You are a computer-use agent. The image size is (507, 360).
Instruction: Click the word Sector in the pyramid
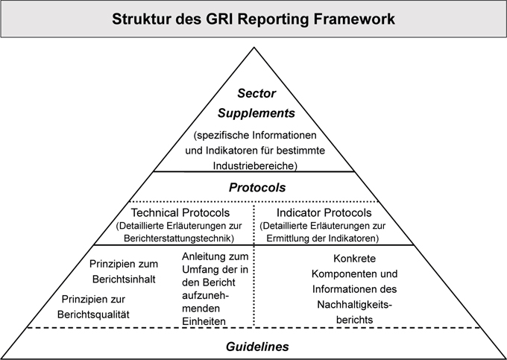coord(256,94)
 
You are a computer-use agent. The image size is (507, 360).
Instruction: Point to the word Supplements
coord(256,113)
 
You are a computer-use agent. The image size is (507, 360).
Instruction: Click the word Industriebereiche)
coord(256,163)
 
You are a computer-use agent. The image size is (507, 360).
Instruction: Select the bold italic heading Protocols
coord(256,187)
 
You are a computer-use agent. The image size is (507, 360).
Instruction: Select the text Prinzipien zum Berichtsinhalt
coord(124,271)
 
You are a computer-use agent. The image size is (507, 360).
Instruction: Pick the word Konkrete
coord(352,259)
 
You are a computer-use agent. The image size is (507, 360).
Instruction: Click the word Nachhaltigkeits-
coord(352,303)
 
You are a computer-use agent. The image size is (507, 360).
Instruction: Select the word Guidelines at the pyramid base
coord(256,346)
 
